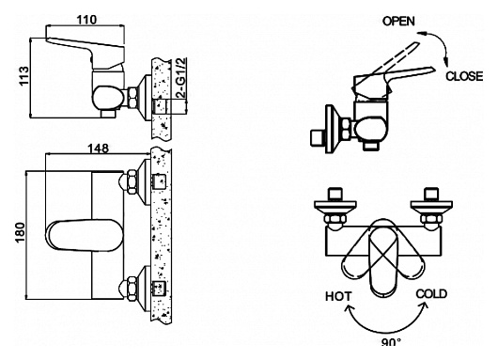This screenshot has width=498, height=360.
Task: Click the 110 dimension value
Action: click(86, 20)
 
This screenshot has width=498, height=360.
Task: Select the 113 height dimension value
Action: click(24, 75)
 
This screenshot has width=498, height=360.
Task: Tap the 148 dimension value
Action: click(98, 149)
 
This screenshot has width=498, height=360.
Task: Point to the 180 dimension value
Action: click(21, 232)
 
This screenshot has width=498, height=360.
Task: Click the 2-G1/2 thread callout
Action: click(181, 77)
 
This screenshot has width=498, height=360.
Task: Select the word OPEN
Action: click(398, 22)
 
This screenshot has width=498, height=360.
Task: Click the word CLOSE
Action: click(464, 76)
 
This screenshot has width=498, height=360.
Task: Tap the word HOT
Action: click(338, 296)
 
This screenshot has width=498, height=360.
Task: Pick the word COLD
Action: click(431, 294)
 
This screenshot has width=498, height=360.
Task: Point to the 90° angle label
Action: click(391, 342)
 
